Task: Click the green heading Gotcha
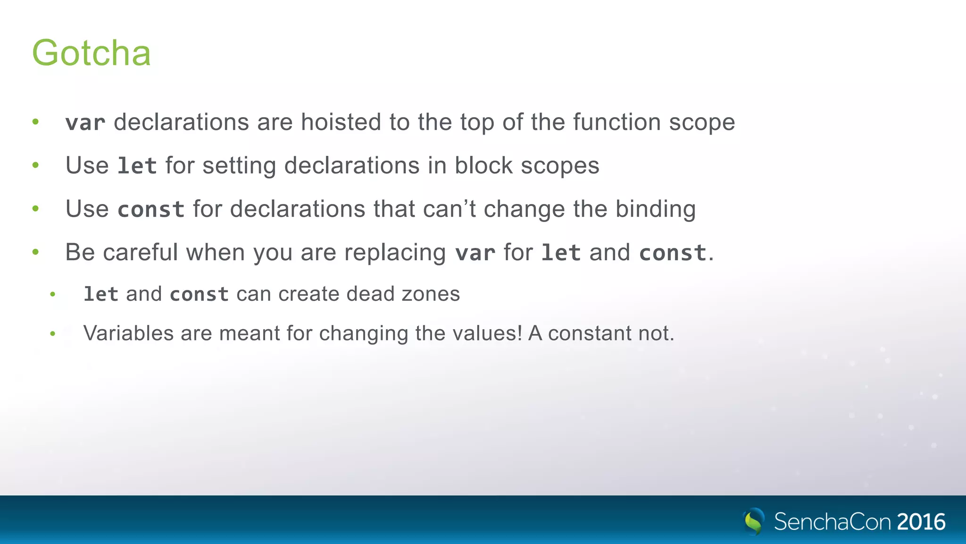[x=91, y=53]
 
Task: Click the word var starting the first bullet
[x=85, y=123]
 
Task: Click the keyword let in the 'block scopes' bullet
[x=137, y=166]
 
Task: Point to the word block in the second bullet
[x=483, y=166]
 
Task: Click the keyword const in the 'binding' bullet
[x=151, y=209]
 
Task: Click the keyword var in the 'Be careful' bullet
[x=475, y=253]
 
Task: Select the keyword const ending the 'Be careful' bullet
[x=673, y=253]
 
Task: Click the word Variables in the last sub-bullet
[x=128, y=333]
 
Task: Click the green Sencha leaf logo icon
[x=753, y=521]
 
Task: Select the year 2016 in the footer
[x=921, y=522]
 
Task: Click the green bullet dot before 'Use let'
[x=35, y=165]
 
